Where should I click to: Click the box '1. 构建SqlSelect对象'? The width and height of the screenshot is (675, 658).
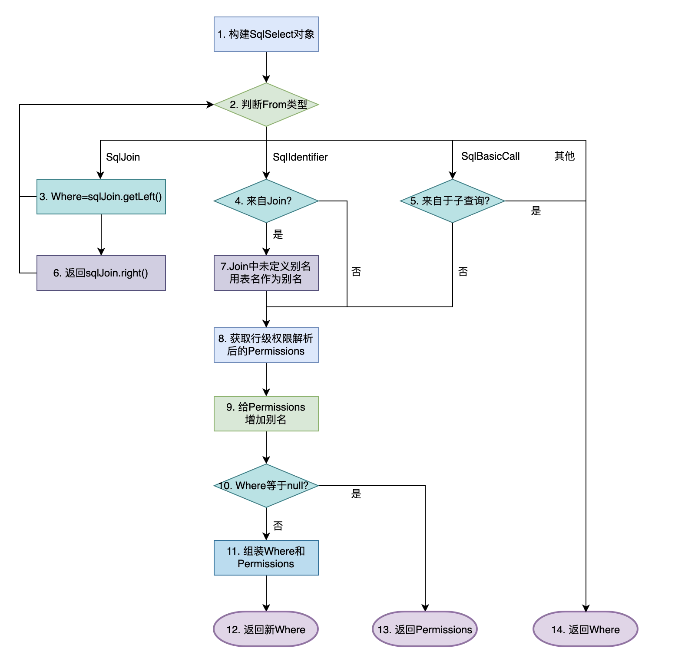pos(266,34)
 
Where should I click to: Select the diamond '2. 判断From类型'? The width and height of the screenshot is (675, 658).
pos(266,105)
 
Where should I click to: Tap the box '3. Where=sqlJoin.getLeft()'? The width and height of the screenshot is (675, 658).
pos(101,197)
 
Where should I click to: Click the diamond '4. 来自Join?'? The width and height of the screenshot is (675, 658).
pos(266,201)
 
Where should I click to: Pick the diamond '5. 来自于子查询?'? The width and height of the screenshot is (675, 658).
pos(452,201)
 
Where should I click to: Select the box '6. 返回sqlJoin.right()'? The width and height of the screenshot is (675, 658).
pos(101,273)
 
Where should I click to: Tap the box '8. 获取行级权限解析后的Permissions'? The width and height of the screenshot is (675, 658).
pos(266,345)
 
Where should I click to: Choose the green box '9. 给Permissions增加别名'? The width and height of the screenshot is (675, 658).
pos(266,414)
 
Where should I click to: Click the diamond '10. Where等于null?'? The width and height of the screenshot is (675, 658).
pos(266,486)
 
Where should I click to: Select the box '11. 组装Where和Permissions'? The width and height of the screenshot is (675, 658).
pos(266,558)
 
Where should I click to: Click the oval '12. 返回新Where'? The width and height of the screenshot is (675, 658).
pos(266,629)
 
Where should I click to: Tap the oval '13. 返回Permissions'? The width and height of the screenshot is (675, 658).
pos(425,629)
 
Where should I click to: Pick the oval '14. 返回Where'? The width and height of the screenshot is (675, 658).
pos(585,629)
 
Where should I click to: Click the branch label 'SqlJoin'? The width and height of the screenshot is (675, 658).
pos(123,157)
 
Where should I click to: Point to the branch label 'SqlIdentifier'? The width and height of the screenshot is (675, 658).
pos(300,157)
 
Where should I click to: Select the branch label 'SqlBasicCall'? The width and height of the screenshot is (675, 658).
pos(490,156)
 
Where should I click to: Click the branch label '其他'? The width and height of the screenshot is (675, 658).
pos(564,156)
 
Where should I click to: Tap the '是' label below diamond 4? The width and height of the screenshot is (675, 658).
pos(278,235)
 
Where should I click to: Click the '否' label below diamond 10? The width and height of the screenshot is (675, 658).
pos(278,526)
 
